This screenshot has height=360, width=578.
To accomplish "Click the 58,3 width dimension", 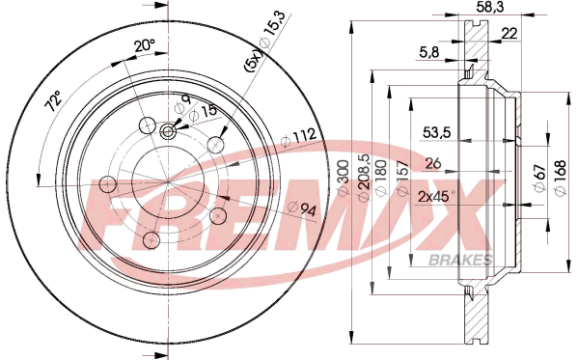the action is [490, 7].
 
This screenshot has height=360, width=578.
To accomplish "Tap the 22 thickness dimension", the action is [510, 34].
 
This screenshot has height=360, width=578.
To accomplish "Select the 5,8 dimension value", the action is [429, 52].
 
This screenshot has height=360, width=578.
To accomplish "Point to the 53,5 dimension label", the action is [437, 132].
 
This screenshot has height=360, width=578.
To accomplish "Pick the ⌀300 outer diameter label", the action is [344, 179].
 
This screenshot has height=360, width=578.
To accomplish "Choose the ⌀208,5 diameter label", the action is [364, 178].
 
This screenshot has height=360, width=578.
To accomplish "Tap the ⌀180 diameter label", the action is [381, 178].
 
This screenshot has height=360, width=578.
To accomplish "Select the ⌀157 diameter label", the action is [402, 178].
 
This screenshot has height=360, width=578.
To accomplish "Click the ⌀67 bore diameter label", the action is [540, 178].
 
